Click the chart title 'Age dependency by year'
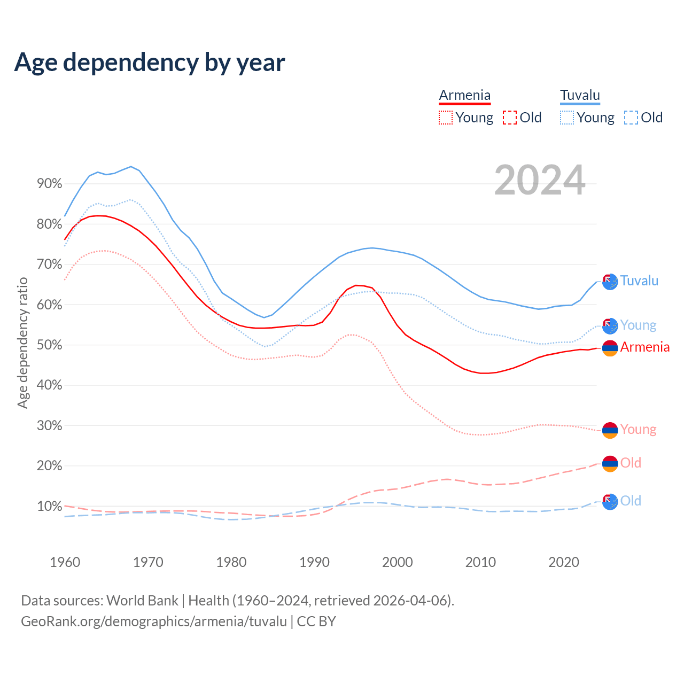point(150,62)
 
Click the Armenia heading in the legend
point(464,95)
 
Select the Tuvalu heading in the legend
point(580,95)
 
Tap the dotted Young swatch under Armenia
point(445,118)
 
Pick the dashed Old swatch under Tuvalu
point(631,118)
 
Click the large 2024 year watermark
point(540,180)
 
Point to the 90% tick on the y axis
point(49,184)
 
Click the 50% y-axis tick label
point(49,345)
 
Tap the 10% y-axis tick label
point(49,506)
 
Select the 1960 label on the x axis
point(65,562)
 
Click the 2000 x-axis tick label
point(398,562)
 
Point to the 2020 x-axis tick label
point(564,562)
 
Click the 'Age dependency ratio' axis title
point(22,343)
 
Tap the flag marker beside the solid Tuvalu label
point(610,281)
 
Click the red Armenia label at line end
point(644,347)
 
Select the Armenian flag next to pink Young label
point(610,430)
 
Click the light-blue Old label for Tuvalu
point(631,501)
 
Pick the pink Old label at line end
point(631,463)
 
